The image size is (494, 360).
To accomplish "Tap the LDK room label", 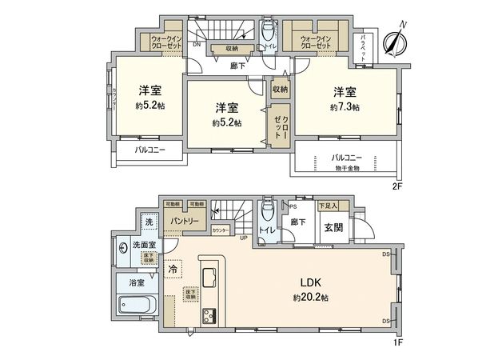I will click(x=310, y=282).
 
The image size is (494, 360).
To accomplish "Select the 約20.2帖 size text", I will click(x=310, y=297).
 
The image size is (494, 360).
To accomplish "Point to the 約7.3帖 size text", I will click(x=345, y=106).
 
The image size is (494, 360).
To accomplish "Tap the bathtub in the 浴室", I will click(x=138, y=306).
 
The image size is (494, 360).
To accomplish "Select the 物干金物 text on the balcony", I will click(x=346, y=168).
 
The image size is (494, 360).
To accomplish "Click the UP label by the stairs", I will click(x=243, y=237).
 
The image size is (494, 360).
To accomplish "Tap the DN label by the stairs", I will click(x=196, y=45).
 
